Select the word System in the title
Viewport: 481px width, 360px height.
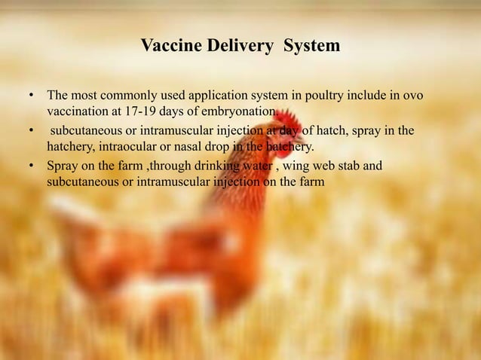(x=312, y=47)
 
